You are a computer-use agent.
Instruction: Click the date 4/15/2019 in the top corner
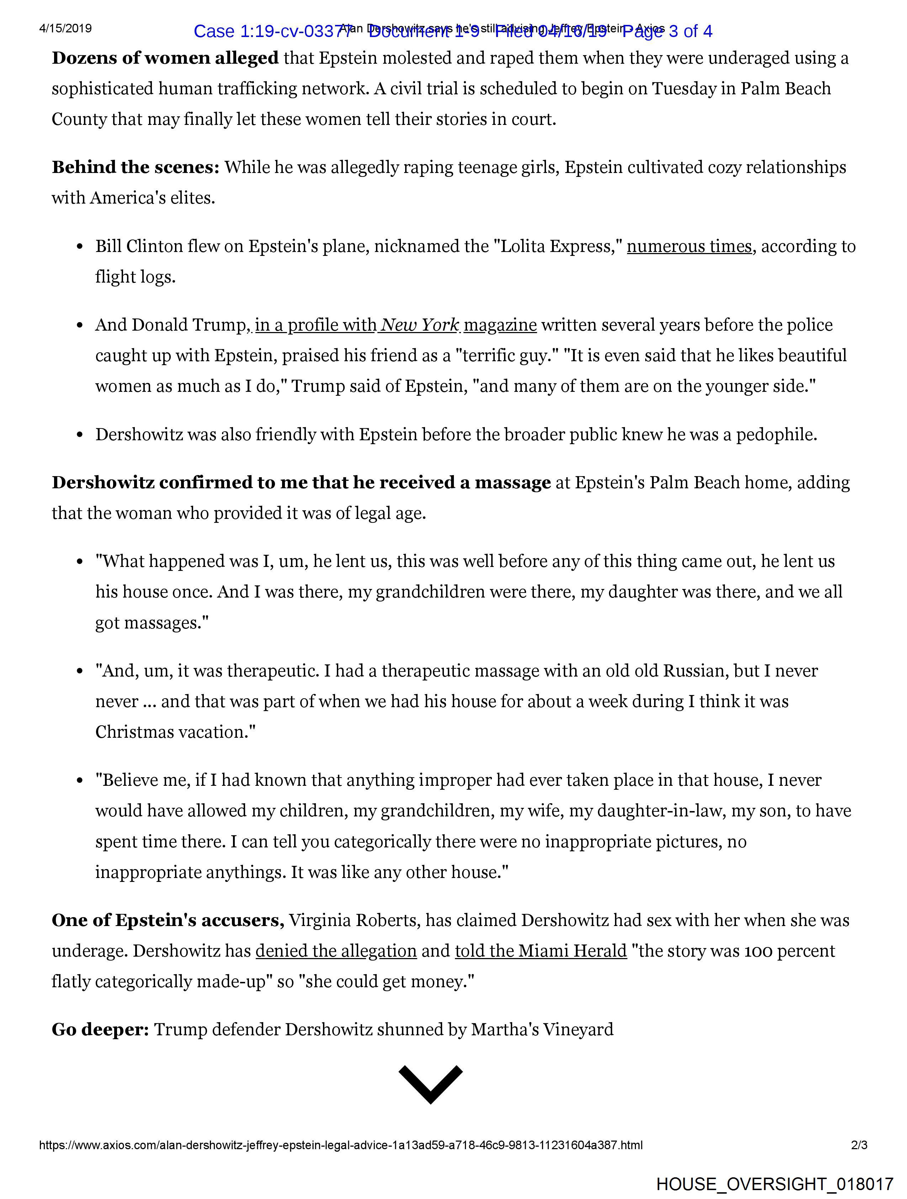tap(65, 28)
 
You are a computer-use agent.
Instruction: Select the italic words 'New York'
tap(420, 325)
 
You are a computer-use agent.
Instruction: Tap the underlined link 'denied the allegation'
tap(336, 951)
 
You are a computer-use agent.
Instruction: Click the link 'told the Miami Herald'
tap(540, 951)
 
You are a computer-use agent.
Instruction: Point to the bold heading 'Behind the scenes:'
tap(136, 168)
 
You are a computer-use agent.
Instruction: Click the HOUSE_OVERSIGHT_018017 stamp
tap(774, 1183)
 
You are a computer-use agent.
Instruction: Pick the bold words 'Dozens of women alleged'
tap(165, 58)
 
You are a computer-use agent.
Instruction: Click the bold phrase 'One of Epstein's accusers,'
tap(168, 920)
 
